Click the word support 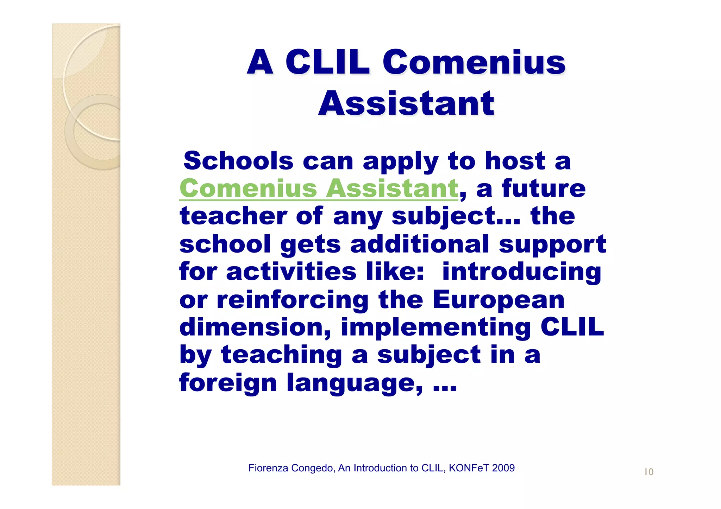point(553,244)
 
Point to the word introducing point(522,272)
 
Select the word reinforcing point(293,300)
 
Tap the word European point(499,300)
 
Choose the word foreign point(228,383)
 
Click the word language point(355,383)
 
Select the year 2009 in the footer point(503,468)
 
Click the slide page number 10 point(649,472)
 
